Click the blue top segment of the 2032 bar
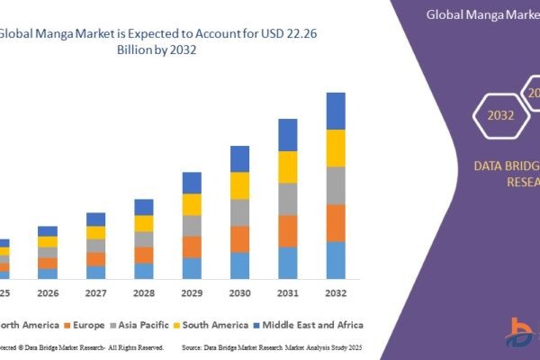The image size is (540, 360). (336, 111)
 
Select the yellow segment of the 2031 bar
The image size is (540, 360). (287, 166)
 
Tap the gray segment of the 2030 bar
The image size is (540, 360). (239, 212)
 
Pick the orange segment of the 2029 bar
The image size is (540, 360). (192, 247)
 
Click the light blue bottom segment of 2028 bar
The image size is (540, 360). (144, 271)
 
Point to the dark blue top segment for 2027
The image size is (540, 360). (95, 219)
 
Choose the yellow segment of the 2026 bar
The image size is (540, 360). (48, 241)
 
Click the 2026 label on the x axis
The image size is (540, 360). (48, 293)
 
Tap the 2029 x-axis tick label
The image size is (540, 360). (192, 293)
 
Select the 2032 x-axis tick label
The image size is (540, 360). (336, 293)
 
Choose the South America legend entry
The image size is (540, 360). (215, 324)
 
